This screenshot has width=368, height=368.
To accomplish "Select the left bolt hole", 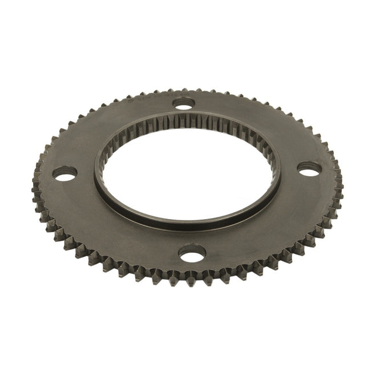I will [x=66, y=173].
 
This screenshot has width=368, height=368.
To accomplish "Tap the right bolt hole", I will [x=311, y=169].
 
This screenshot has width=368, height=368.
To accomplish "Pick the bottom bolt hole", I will [x=192, y=253].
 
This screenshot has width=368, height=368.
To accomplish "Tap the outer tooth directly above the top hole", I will [x=184, y=89].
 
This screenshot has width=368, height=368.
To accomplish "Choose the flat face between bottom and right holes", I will [x=268, y=223].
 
